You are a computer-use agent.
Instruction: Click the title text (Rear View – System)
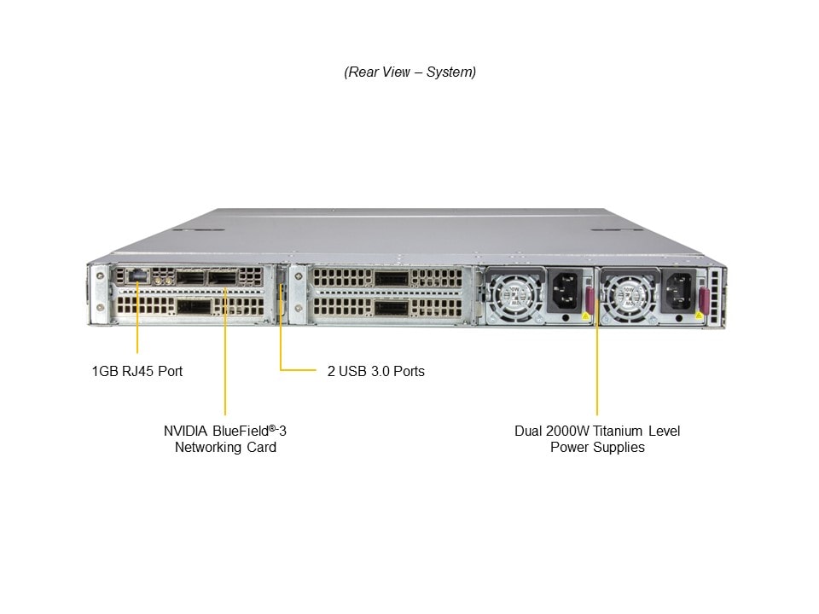pyautogui.click(x=409, y=72)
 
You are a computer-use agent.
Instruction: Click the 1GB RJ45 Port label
pyautogui.click(x=136, y=371)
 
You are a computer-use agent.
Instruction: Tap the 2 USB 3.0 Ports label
pyautogui.click(x=375, y=371)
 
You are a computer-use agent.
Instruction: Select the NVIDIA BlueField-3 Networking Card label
pyautogui.click(x=225, y=438)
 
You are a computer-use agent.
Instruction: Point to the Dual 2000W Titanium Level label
pyautogui.click(x=597, y=431)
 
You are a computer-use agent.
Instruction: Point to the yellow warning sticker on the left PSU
pyautogui.click(x=584, y=316)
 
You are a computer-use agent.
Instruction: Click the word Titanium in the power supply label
pyautogui.click(x=617, y=431)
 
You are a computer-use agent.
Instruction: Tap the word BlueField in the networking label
pyautogui.click(x=238, y=431)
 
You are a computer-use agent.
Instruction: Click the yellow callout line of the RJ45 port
pyautogui.click(x=137, y=324)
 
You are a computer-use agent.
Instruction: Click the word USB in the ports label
pyautogui.click(x=352, y=371)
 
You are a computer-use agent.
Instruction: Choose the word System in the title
pyautogui.click(x=450, y=72)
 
